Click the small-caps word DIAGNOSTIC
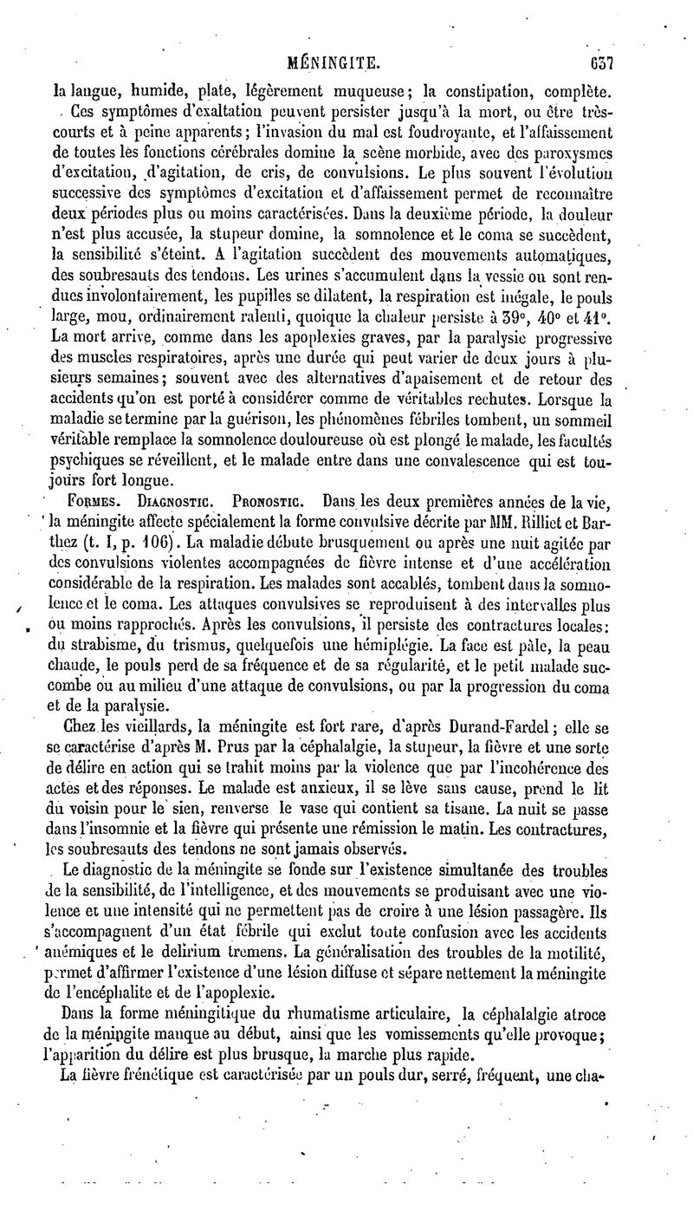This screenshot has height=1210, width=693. tap(162, 502)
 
